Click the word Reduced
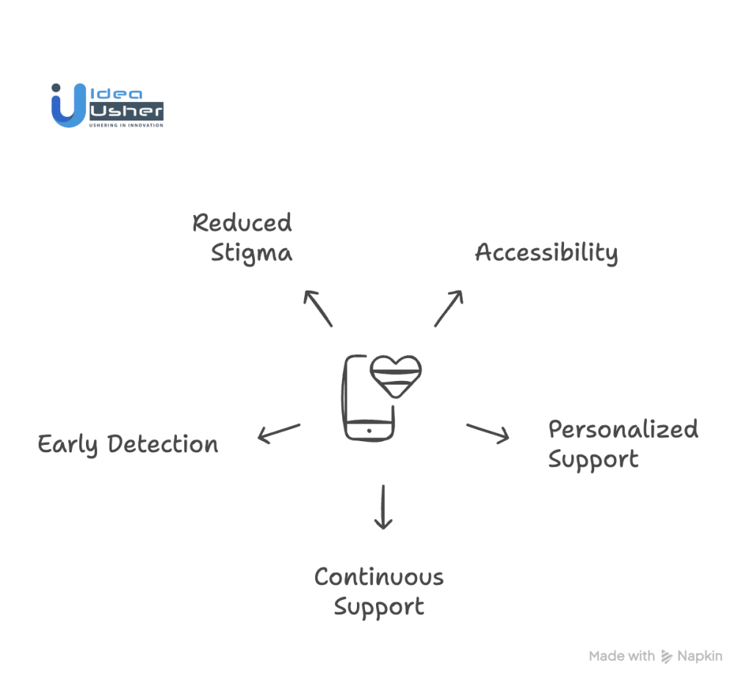[242, 222]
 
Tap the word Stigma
[251, 253]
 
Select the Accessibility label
[546, 253]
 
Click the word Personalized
[623, 429]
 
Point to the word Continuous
[379, 576]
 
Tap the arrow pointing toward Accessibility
[449, 308]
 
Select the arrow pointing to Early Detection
[278, 433]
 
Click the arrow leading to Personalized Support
[488, 433]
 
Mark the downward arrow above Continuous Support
[383, 506]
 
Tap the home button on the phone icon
[369, 429]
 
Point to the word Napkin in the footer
[700, 656]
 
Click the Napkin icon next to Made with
[667, 656]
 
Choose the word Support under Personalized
[593, 460]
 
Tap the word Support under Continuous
[379, 607]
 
